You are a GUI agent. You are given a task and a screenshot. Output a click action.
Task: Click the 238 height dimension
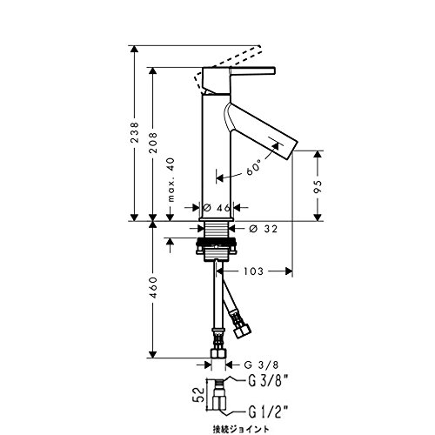[135, 132]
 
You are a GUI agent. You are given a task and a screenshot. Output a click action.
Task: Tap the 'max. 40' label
[171, 179]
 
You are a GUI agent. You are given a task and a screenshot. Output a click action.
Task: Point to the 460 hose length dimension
[153, 287]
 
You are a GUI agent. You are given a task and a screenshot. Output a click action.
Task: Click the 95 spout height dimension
[318, 187]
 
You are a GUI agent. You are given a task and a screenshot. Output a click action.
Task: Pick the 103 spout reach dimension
[253, 271]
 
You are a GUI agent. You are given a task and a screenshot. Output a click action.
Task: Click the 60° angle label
[254, 168]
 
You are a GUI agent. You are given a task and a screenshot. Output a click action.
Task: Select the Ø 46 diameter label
[217, 207]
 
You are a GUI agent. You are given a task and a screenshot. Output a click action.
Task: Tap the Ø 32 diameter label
[263, 229]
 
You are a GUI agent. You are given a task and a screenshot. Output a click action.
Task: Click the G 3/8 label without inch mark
[261, 365]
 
